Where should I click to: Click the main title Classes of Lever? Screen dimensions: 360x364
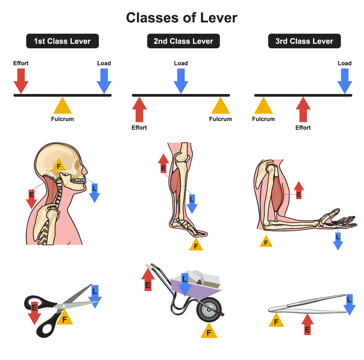click(x=182, y=18)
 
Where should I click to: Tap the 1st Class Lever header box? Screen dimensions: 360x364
click(x=62, y=41)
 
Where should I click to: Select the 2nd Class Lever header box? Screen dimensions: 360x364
click(x=183, y=41)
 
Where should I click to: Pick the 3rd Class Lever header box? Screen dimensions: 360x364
click(x=304, y=41)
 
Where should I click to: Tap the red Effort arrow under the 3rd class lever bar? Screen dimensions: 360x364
click(x=303, y=110)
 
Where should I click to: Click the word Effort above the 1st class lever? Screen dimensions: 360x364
click(x=21, y=63)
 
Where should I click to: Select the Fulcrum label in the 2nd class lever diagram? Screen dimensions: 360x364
click(x=220, y=119)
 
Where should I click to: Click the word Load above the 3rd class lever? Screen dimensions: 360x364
click(x=344, y=63)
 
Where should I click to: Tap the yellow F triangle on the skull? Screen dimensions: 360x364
click(x=59, y=166)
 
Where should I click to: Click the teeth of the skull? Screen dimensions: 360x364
click(x=77, y=181)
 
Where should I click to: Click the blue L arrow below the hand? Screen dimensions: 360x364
click(x=338, y=241)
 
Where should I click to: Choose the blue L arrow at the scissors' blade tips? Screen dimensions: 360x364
click(x=95, y=295)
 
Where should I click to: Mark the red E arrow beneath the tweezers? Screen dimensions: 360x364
click(x=307, y=325)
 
